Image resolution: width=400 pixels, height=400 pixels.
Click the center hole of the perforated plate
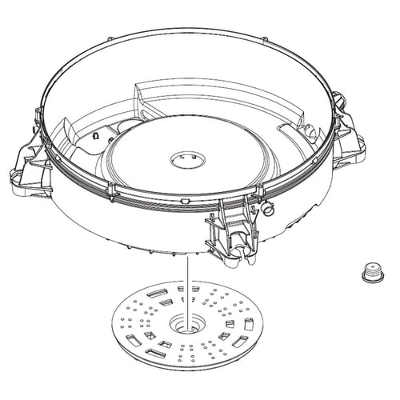point(186,325)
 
